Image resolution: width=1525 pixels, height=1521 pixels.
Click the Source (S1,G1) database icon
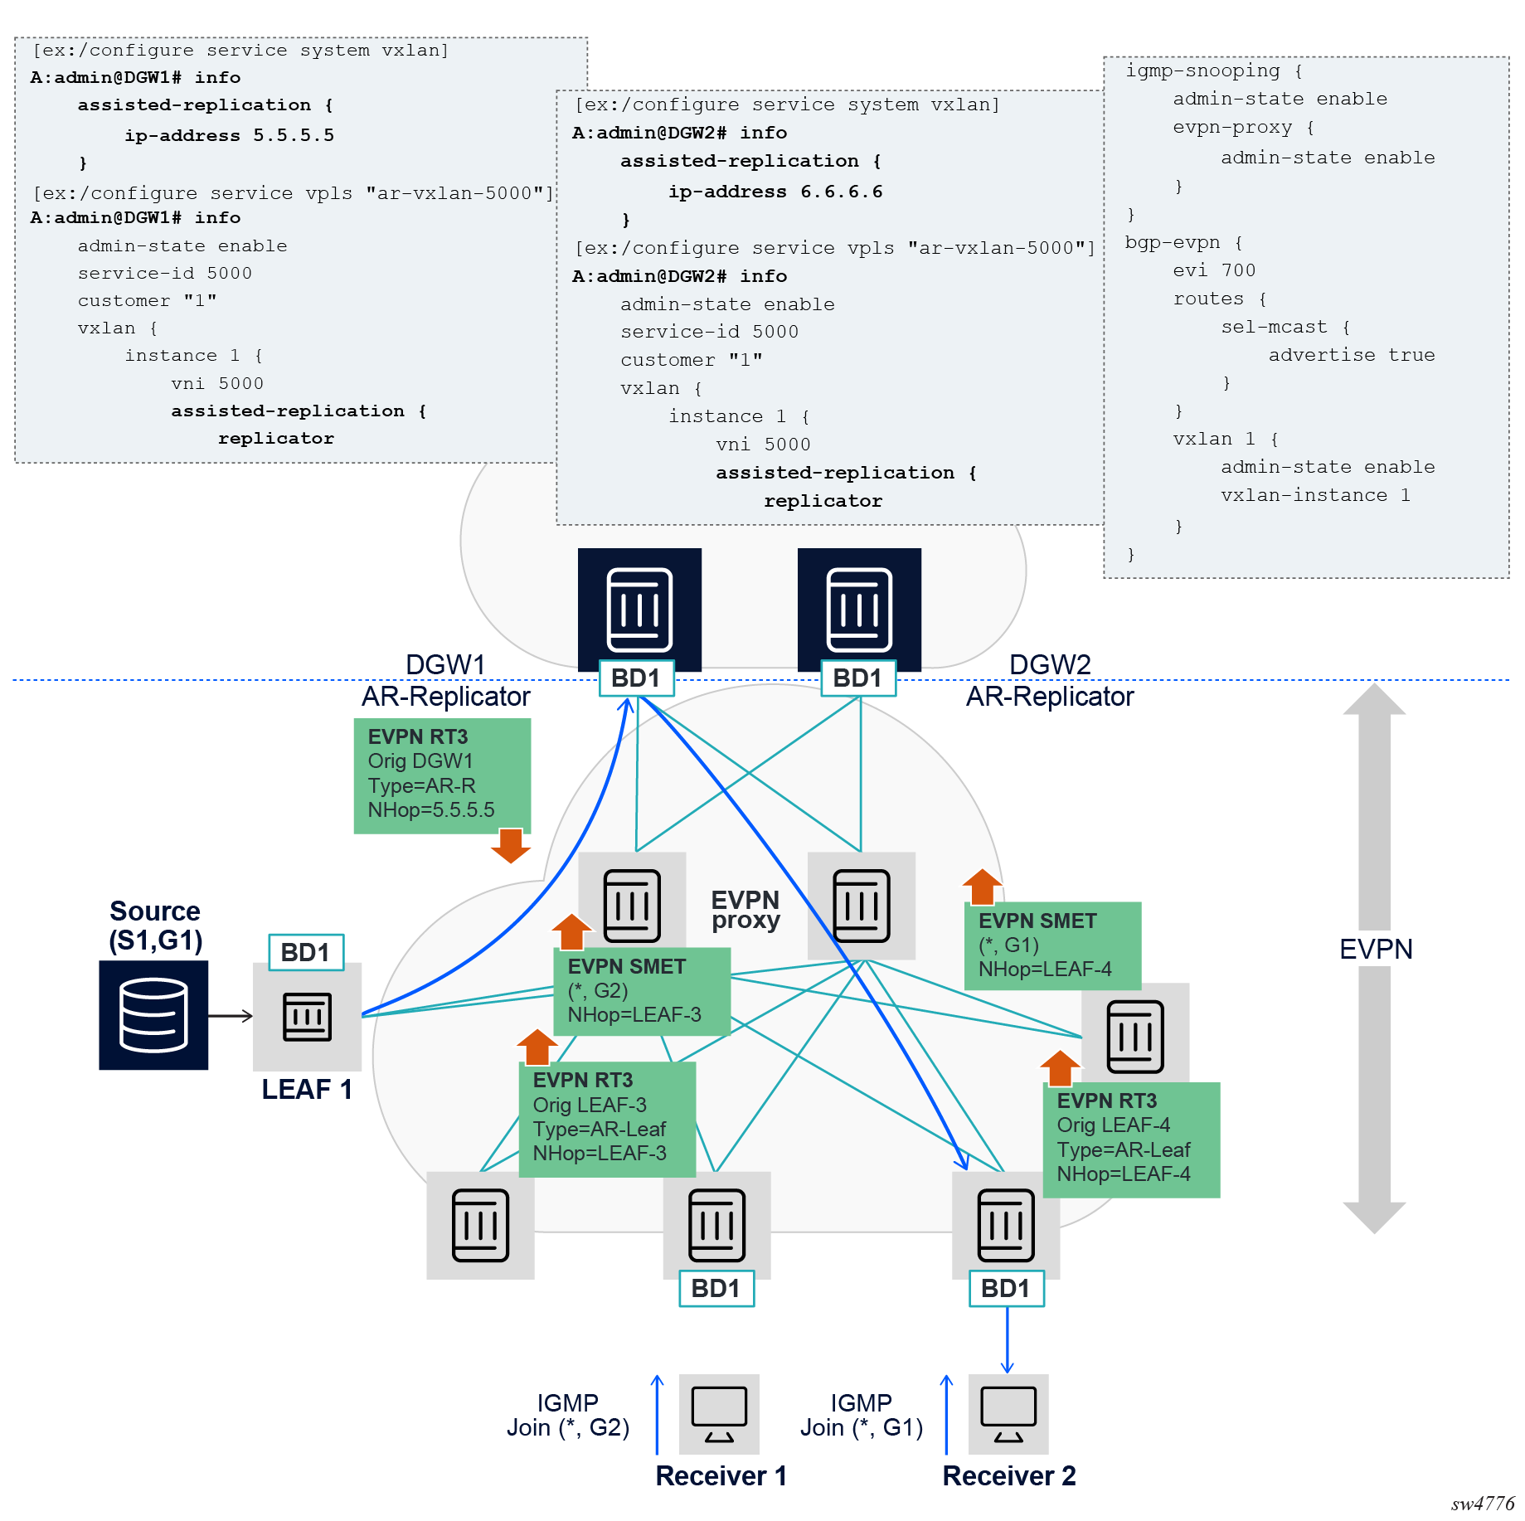153,1015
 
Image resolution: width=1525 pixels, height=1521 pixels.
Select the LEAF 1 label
307,1089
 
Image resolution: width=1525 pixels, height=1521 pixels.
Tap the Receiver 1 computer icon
718,1414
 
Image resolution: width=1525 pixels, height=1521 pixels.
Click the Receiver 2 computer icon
1008,1414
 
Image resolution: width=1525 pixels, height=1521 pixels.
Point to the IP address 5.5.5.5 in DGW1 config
294,135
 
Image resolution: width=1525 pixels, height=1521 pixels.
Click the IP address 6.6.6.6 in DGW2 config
841,192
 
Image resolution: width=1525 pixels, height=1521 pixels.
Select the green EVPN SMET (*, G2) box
641,991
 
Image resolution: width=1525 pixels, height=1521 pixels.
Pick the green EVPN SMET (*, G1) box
1052,945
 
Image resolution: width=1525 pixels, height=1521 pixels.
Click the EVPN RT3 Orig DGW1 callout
441,774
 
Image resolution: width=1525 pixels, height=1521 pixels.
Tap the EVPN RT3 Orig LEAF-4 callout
1131,1139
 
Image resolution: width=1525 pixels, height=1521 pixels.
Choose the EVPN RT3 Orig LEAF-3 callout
606,1118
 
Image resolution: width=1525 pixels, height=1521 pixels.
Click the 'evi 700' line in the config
1214,270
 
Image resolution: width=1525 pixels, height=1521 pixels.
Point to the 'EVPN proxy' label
745,910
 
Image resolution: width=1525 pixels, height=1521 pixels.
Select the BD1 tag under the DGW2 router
857,678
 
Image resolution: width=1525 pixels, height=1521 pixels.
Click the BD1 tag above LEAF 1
305,952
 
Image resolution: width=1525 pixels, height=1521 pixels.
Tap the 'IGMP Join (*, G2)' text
568,1415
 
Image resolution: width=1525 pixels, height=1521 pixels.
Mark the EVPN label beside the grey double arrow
1376,949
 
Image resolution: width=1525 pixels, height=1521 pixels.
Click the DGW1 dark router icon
639,609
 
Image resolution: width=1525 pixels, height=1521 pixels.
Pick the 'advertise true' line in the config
1351,355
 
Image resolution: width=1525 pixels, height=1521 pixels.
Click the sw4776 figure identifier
1482,1504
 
